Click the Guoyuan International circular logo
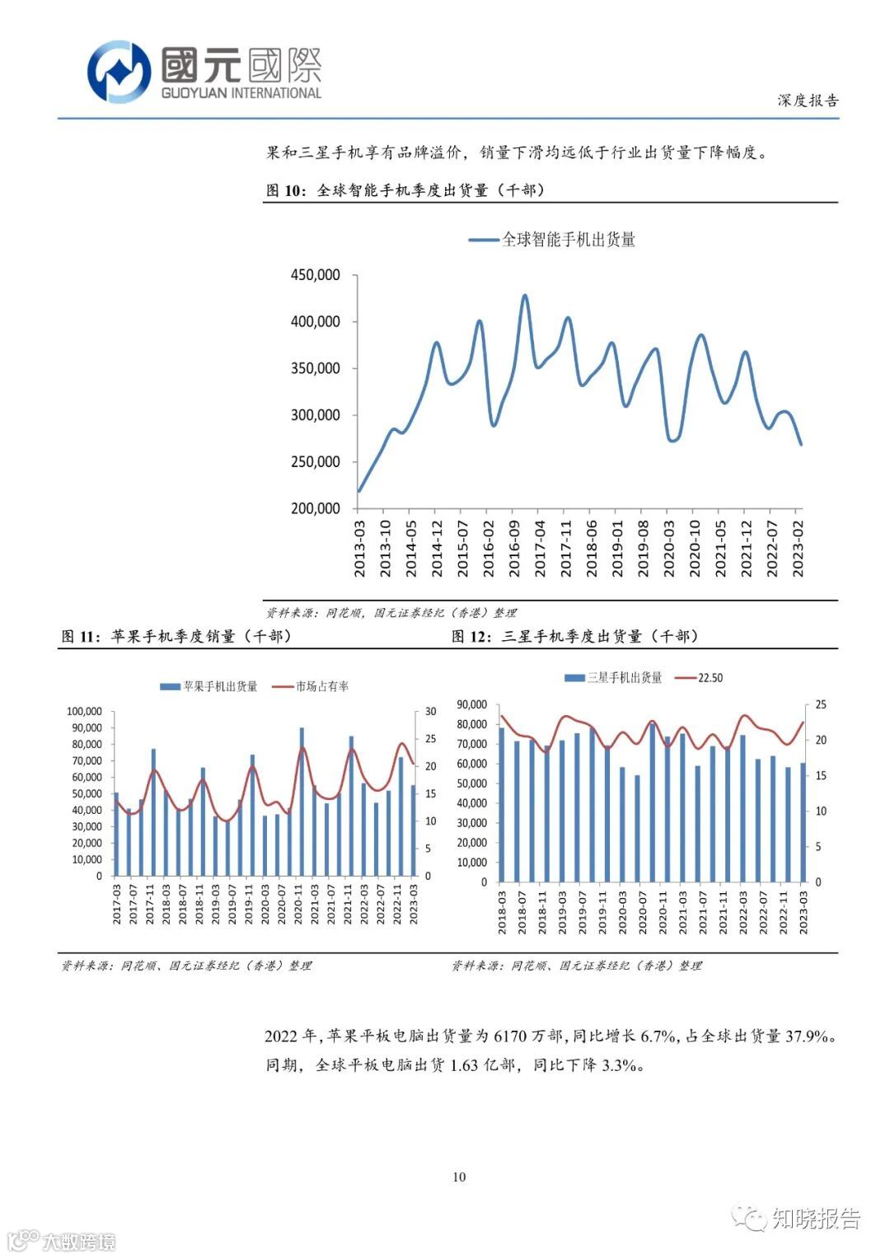coord(119,72)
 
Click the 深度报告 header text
coord(807,101)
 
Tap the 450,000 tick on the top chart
coord(315,275)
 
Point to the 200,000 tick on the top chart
coord(315,508)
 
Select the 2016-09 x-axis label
coord(514,549)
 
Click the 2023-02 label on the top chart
coord(798,549)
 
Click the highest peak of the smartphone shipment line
coord(525,295)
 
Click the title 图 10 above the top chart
coord(405,190)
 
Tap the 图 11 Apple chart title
coord(176,636)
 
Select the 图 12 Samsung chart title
coord(575,636)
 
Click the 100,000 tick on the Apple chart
coord(84,712)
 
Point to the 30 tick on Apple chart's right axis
coord(430,712)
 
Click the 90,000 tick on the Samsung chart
coord(471,705)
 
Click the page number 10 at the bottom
coord(459,1176)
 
